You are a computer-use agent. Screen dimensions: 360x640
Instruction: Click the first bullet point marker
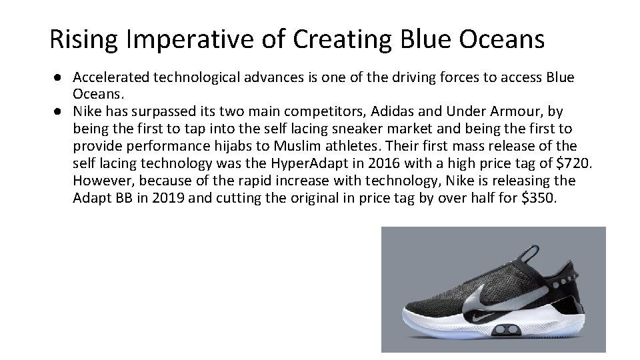pos(59,77)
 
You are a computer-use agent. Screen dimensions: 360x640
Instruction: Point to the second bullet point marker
pos(59,111)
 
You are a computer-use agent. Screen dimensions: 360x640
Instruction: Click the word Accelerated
pos(111,77)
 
